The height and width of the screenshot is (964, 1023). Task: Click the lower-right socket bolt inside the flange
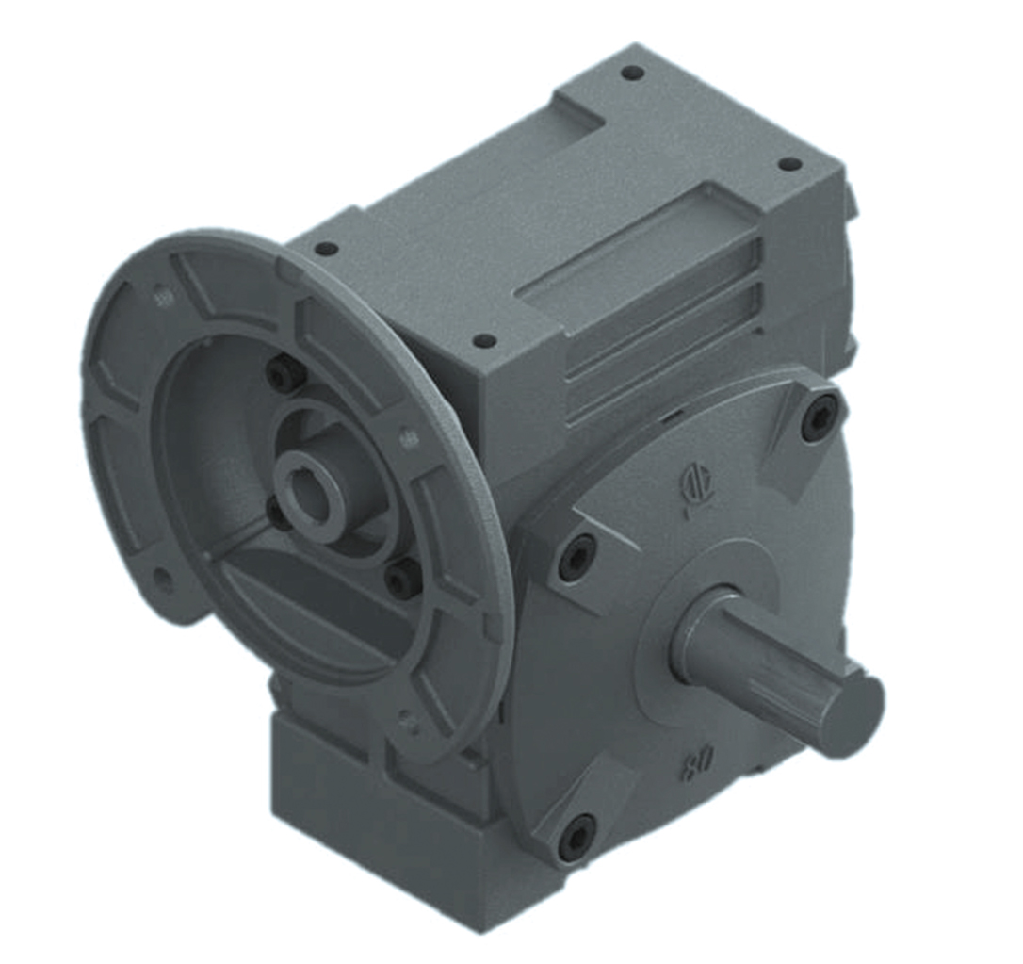[403, 576]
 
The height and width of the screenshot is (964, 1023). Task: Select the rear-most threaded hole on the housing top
[632, 73]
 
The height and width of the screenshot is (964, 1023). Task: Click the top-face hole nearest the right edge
[789, 164]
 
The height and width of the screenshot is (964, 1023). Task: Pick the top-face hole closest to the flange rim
[326, 249]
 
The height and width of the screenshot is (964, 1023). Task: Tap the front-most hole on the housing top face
[483, 340]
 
